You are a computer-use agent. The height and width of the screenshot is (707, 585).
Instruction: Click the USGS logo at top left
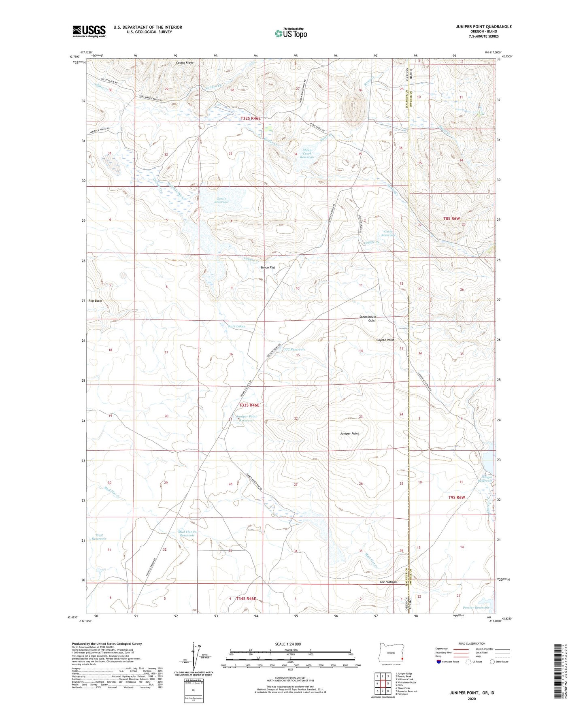89,31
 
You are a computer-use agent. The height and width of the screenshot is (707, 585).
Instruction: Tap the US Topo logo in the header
291,33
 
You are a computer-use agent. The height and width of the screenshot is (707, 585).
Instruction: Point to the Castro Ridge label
185,63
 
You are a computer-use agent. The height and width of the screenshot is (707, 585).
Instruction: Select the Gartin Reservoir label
222,200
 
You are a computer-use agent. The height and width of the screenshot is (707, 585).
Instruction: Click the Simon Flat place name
268,267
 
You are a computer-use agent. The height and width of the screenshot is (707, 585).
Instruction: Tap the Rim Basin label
95,301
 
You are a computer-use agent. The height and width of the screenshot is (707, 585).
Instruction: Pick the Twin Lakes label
236,326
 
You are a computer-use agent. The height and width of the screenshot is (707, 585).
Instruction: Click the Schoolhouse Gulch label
368,318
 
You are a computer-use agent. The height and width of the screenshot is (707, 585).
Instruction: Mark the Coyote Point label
385,340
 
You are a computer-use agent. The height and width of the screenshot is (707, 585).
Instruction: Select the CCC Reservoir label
294,349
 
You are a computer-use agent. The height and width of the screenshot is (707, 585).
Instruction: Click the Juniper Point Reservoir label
246,418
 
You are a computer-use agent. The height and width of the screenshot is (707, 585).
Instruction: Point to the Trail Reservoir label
99,537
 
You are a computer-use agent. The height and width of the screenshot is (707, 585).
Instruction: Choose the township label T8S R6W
451,218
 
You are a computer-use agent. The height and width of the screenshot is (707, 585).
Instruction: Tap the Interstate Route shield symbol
439,662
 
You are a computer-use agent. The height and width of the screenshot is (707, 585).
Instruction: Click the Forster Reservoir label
476,607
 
